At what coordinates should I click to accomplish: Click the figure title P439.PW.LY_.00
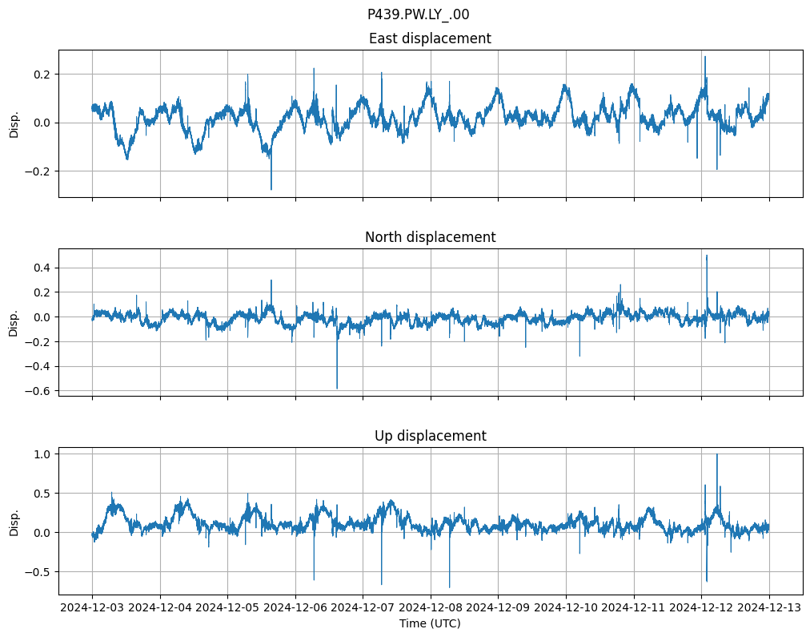[418, 14]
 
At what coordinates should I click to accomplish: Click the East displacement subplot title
[430, 38]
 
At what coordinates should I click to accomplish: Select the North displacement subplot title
[430, 237]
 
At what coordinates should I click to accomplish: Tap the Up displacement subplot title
[430, 436]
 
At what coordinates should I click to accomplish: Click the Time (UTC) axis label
[430, 623]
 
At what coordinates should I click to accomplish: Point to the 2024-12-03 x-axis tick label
[92, 607]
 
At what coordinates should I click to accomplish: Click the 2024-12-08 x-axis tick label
[431, 607]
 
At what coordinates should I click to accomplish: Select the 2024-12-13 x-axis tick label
[769, 607]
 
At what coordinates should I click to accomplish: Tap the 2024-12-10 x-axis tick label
[566, 607]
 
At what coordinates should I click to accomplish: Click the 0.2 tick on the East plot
[41, 75]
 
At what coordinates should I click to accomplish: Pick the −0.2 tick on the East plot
[37, 171]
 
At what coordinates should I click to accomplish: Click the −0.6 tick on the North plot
[37, 391]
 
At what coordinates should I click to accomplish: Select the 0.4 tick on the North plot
[41, 268]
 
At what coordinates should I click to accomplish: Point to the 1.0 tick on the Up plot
[41, 454]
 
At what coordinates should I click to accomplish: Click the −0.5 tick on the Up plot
[37, 572]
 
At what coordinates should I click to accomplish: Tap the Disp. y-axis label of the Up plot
[14, 521]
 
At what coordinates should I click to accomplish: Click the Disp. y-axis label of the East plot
[14, 123]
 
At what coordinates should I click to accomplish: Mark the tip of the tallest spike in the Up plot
[716, 454]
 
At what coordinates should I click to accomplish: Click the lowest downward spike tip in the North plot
[337, 389]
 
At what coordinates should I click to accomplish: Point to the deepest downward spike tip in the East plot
[271, 190]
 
